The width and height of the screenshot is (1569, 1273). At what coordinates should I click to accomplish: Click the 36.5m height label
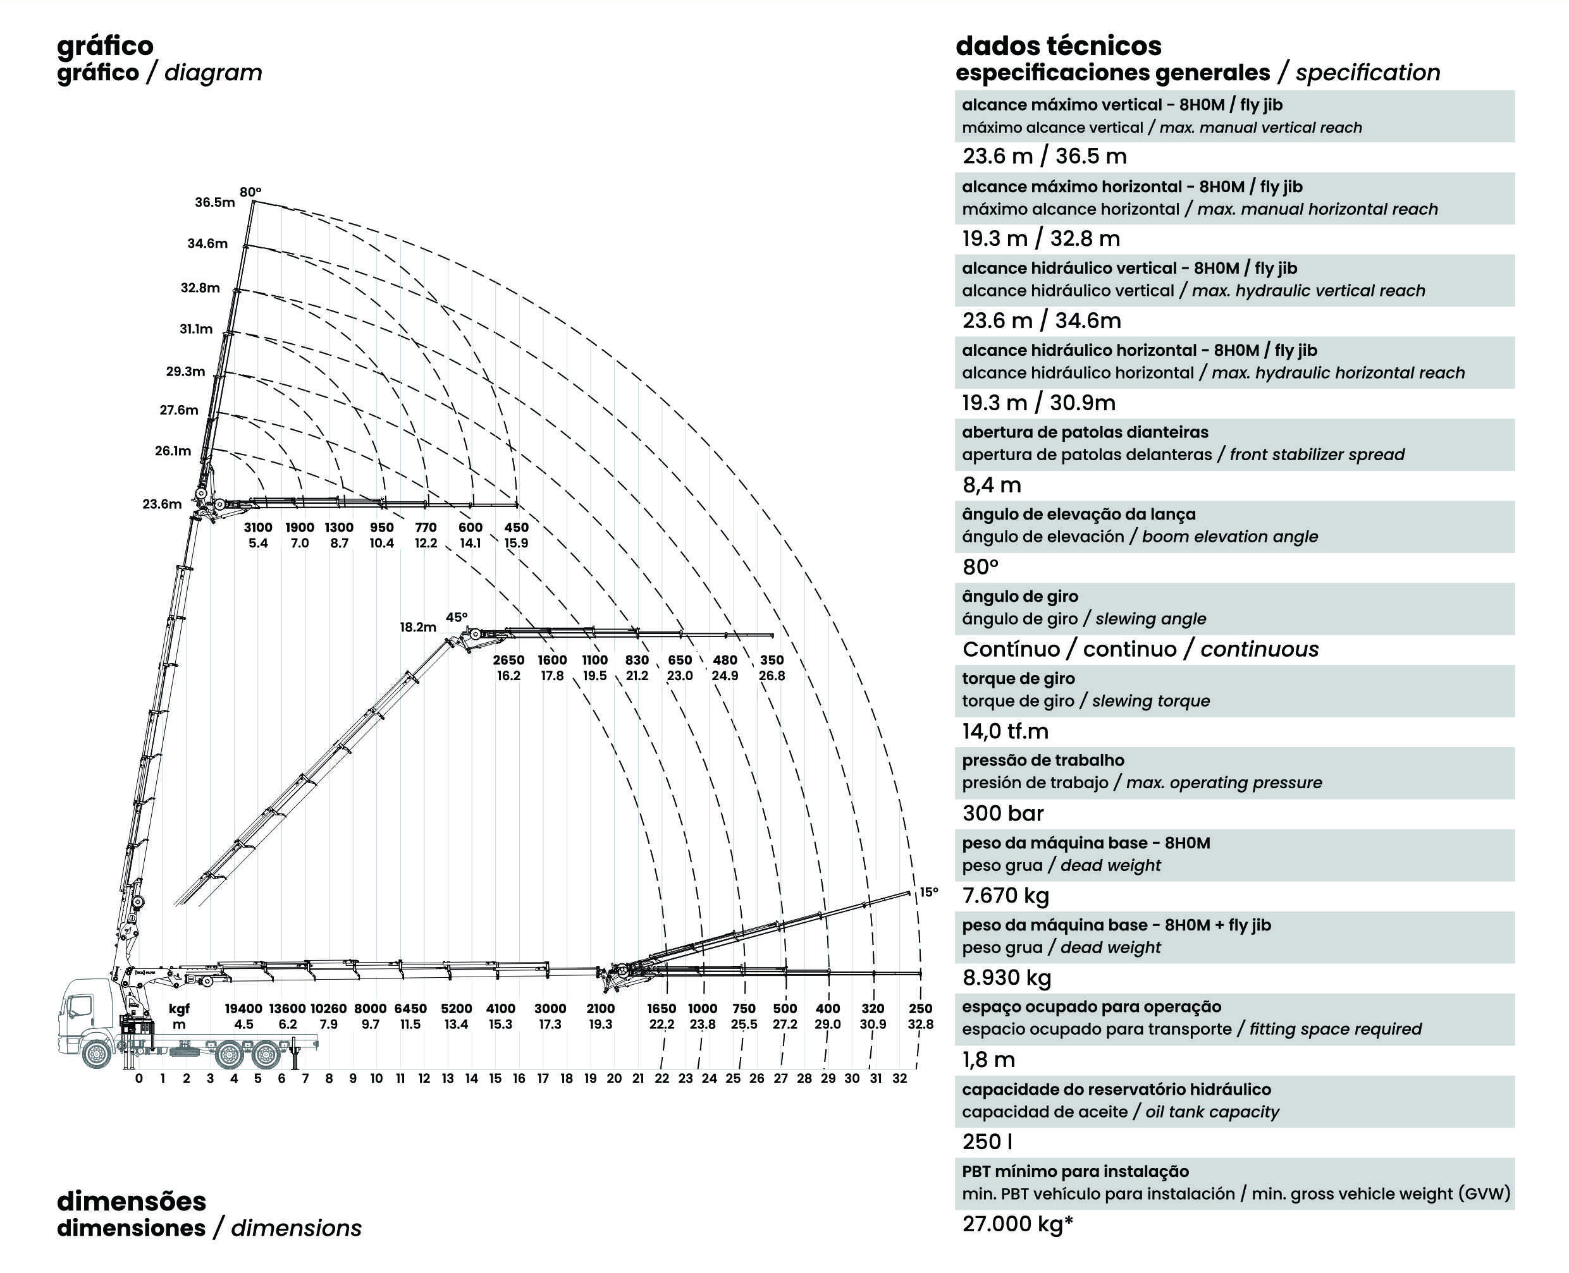click(x=214, y=202)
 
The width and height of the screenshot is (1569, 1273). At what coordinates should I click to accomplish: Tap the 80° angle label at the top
click(x=250, y=192)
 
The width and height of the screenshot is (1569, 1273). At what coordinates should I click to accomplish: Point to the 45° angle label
click(x=456, y=618)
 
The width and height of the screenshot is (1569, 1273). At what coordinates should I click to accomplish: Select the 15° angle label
click(x=928, y=892)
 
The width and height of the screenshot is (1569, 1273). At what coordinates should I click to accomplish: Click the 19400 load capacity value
click(x=243, y=1009)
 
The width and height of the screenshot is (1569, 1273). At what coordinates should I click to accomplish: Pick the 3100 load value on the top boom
click(x=257, y=527)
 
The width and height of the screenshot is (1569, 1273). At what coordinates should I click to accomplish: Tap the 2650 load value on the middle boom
click(x=508, y=660)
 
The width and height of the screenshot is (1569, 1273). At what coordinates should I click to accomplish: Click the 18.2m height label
click(x=417, y=627)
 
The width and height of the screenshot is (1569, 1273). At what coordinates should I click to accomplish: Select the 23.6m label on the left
click(x=161, y=504)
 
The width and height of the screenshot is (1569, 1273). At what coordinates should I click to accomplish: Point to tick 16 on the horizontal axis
click(x=519, y=1078)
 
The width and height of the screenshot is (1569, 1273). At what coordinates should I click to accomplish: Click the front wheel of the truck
click(x=96, y=1054)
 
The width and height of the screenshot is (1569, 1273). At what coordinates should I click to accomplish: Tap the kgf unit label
click(x=179, y=1009)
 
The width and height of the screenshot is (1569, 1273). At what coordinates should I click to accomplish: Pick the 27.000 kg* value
click(x=1018, y=1224)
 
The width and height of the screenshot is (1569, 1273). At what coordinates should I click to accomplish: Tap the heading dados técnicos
click(x=1058, y=46)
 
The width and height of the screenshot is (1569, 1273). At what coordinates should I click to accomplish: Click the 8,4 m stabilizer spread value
click(x=991, y=485)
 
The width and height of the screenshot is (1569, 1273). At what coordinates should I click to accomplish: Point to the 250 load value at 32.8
click(x=920, y=1009)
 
